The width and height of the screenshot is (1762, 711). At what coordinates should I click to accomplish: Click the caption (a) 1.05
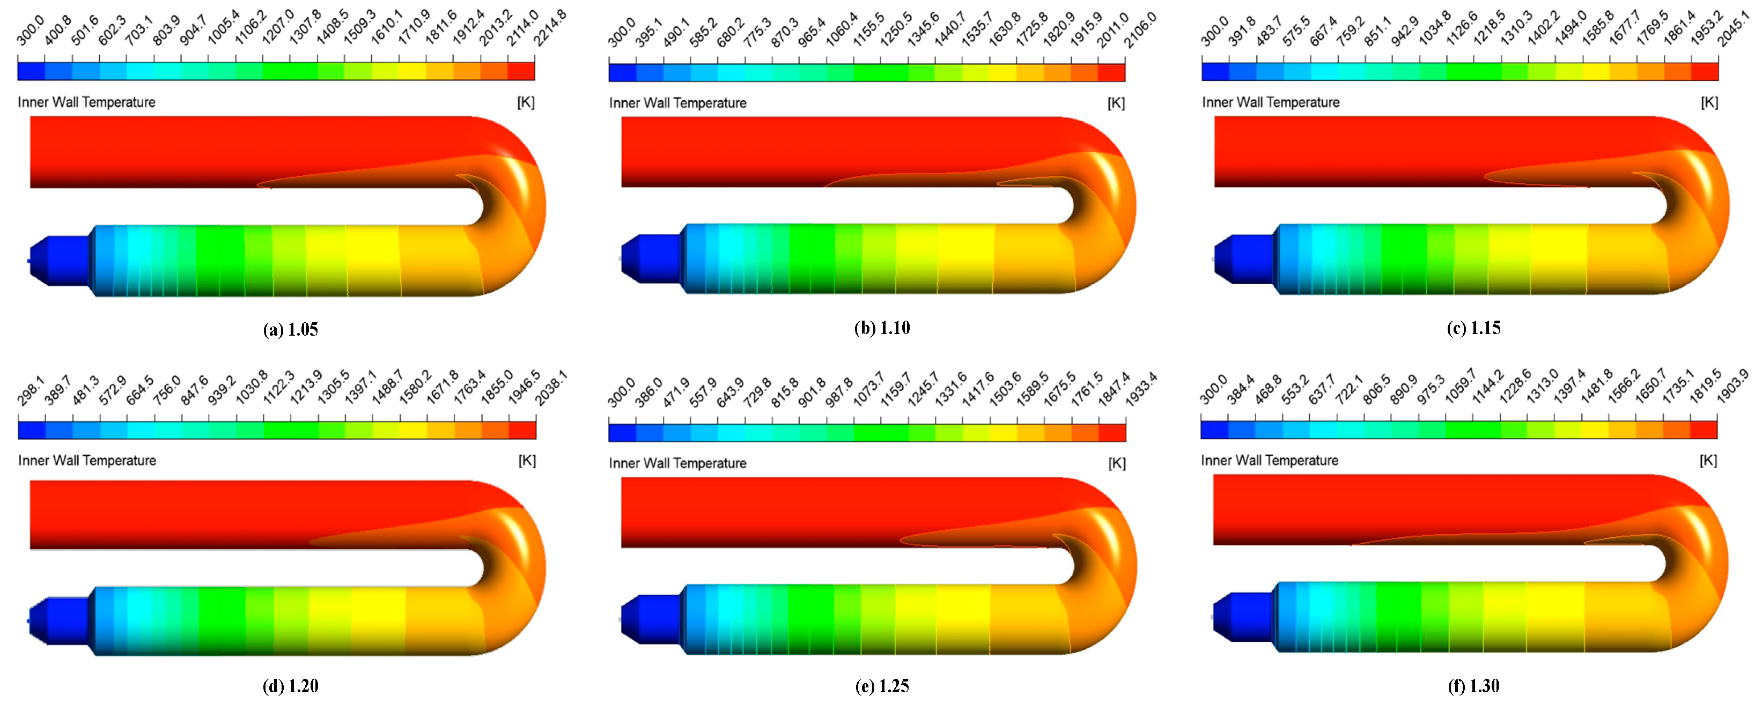290,330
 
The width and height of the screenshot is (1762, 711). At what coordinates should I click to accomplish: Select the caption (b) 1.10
882,328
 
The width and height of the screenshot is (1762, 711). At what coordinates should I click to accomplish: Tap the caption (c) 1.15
1473,328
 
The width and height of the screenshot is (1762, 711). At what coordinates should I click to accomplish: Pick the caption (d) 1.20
290,686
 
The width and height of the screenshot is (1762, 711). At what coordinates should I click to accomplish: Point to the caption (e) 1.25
882,686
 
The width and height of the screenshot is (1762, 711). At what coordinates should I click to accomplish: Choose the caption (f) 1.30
1473,686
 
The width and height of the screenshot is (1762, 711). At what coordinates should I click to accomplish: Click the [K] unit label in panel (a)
525,102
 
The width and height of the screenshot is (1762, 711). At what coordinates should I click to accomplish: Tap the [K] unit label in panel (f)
1708,461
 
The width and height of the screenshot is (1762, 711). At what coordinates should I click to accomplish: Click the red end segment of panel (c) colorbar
1704,72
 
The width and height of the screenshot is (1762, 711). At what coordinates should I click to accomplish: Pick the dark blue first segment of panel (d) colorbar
32,430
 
